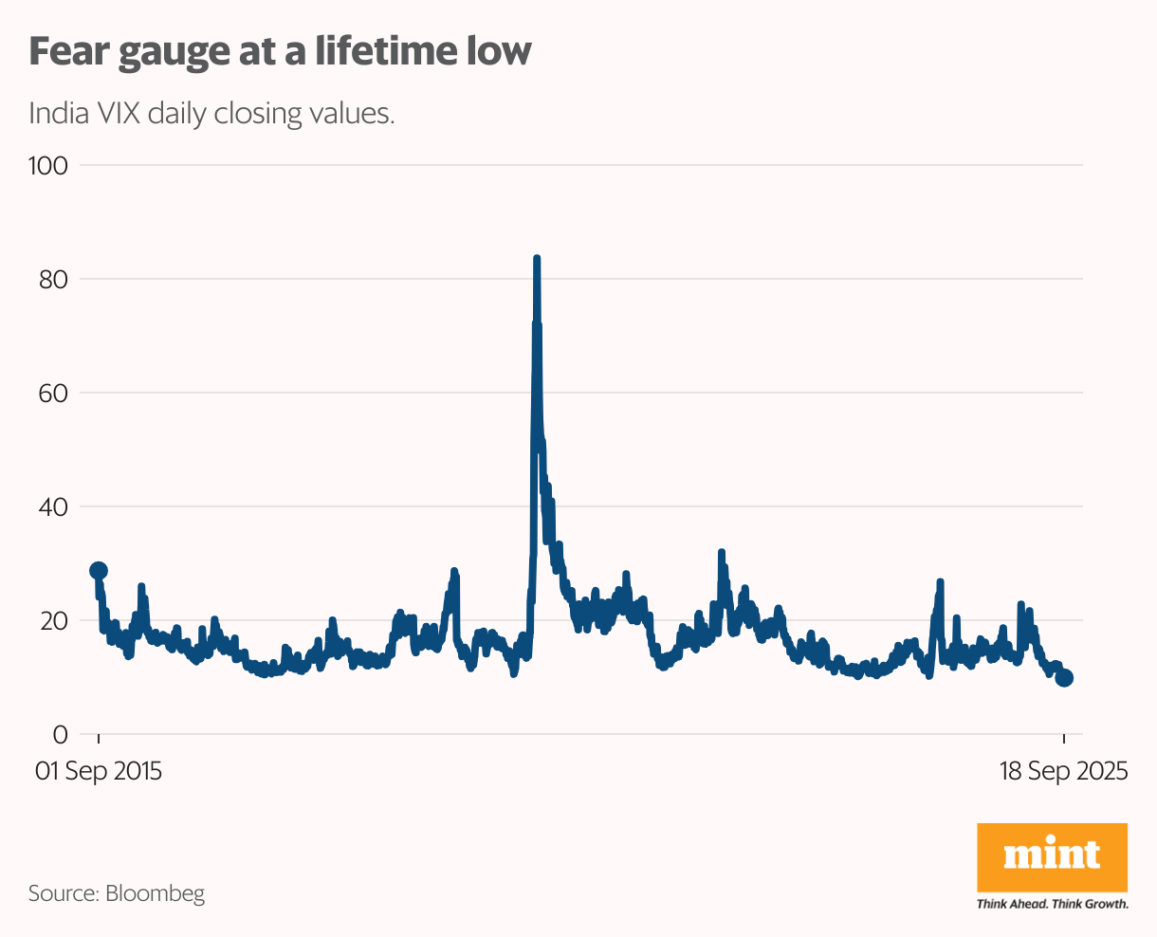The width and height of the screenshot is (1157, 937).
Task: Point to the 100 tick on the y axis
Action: click(48, 166)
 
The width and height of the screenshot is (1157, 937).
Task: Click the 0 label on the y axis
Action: click(61, 735)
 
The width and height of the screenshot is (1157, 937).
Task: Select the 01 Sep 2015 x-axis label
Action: click(99, 771)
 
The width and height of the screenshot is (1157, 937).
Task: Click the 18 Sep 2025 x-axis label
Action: click(1063, 771)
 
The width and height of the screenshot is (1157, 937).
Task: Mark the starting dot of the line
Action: click(99, 571)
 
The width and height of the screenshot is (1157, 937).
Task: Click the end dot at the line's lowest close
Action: click(1064, 677)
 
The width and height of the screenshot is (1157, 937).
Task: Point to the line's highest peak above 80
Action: click(537, 259)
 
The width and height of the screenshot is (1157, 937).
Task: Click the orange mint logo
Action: click(1052, 856)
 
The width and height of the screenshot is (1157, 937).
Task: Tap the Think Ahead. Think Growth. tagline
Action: click(1052, 904)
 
